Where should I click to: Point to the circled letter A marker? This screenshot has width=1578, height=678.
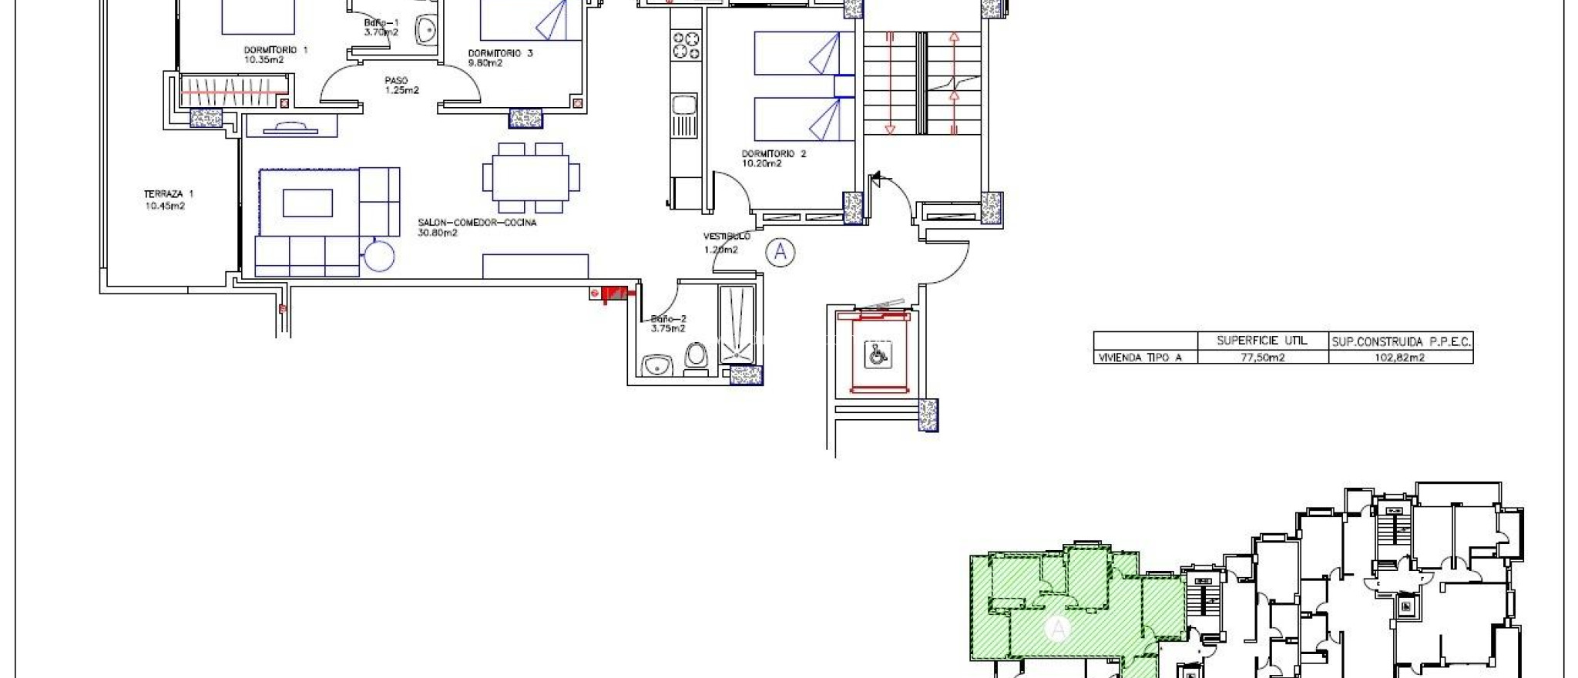coord(781,252)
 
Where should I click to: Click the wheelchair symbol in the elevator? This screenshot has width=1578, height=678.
coord(877,354)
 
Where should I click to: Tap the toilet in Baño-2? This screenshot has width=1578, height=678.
coord(696,358)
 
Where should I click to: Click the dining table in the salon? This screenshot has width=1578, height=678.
coord(531,177)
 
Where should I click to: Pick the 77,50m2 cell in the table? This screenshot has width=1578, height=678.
coord(1262,357)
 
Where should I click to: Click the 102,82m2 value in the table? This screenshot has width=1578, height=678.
coord(1401,357)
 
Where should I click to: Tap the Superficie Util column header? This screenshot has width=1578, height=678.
coord(1262,340)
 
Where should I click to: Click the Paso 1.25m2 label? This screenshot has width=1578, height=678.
coord(401,85)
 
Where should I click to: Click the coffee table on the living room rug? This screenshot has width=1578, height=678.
coord(307,203)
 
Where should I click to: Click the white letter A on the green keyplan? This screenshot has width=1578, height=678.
coord(1058,629)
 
